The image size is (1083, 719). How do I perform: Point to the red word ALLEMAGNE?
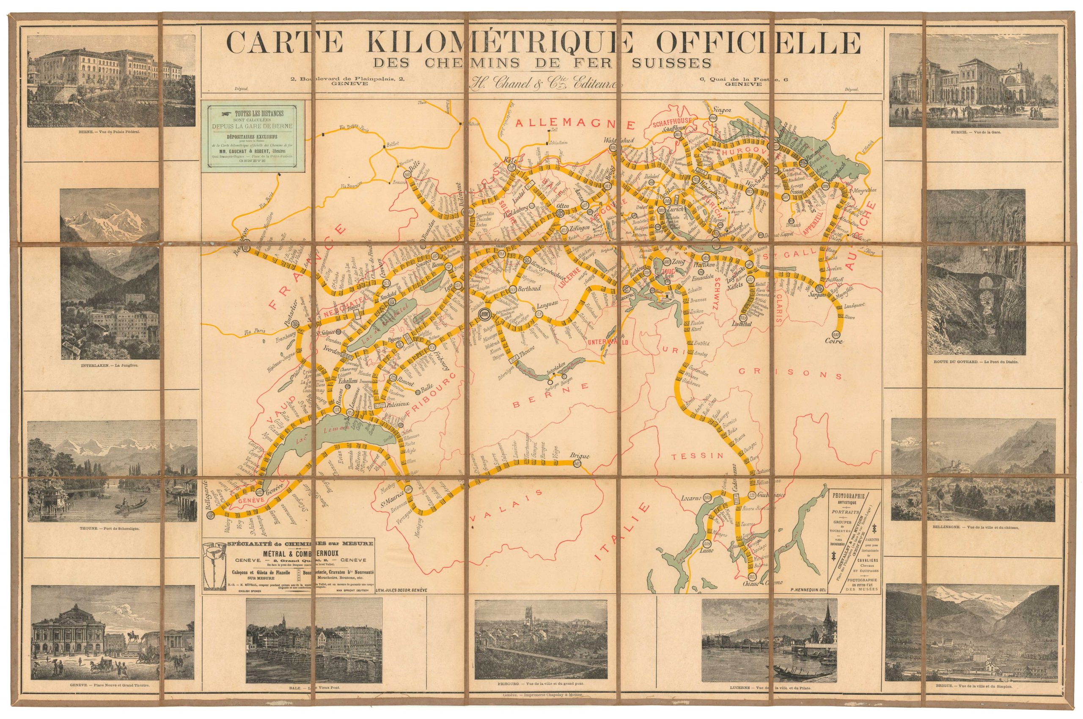click(x=575, y=124)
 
